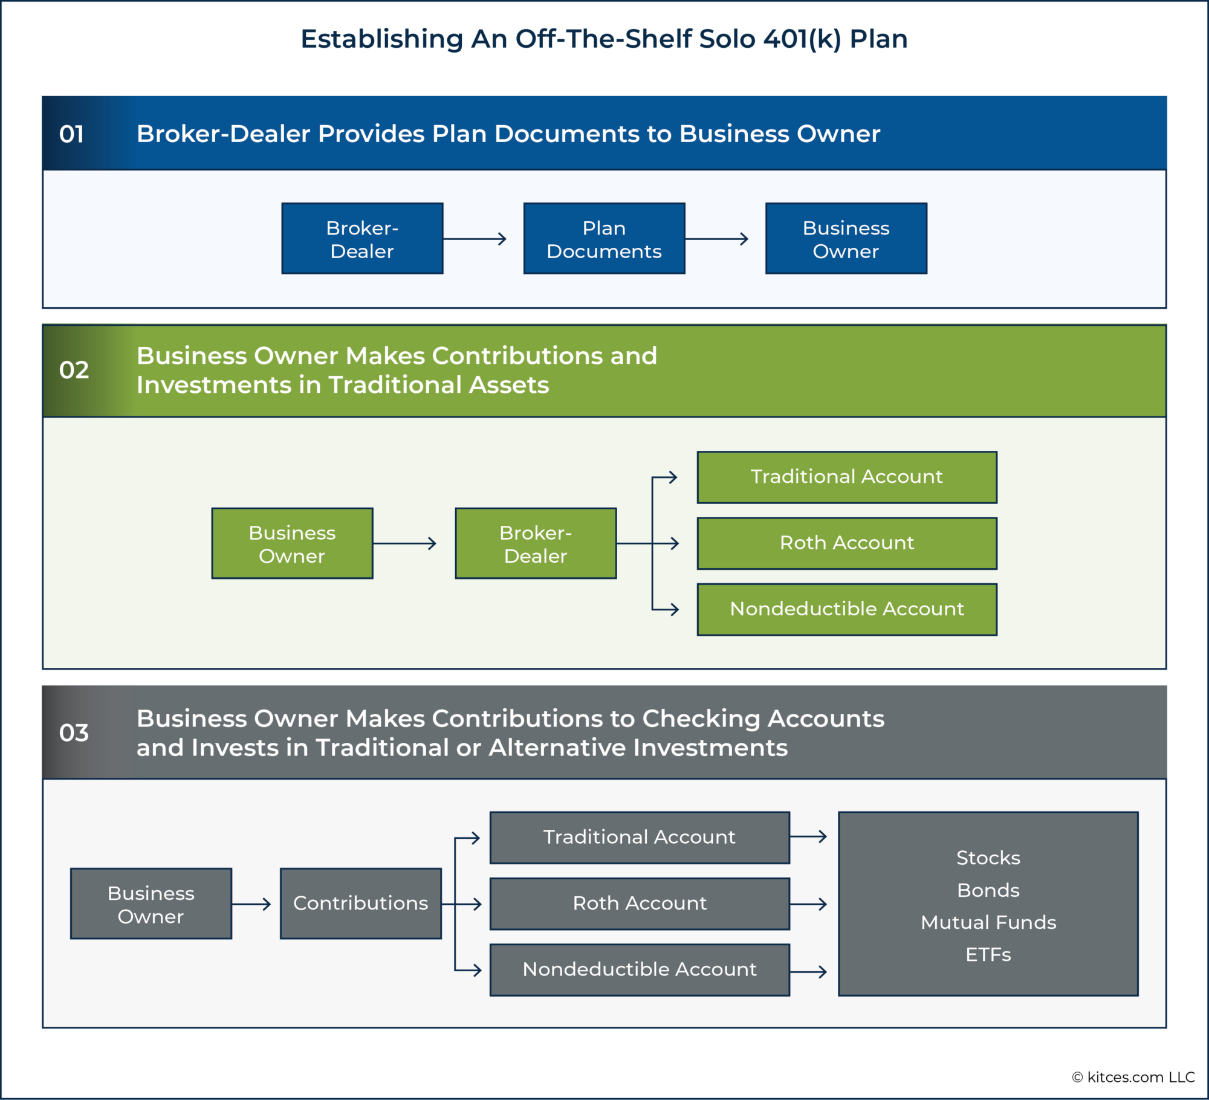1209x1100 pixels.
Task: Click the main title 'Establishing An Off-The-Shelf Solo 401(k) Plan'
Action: [x=604, y=39]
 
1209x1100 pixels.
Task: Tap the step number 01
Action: [x=71, y=134]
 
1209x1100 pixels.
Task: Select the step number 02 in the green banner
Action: [x=74, y=370]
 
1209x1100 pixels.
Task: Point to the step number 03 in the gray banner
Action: [x=74, y=733]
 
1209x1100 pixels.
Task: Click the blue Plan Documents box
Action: [x=604, y=239]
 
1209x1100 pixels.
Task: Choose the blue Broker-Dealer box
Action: [x=362, y=239]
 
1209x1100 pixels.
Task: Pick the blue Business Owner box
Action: [x=846, y=239]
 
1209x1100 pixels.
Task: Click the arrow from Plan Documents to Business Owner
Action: [x=716, y=239]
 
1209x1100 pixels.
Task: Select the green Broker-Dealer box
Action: [x=536, y=543]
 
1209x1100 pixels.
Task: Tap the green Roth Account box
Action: [x=846, y=543]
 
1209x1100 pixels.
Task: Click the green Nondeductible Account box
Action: [x=846, y=609]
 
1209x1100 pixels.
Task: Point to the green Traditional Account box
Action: [x=846, y=477]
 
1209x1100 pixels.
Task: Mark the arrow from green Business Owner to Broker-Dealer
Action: [x=404, y=543]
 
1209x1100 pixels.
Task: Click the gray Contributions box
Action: [x=360, y=903]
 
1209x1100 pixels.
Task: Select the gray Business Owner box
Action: [x=151, y=904]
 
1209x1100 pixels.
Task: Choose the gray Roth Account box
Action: [x=639, y=903]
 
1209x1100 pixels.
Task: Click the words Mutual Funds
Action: [x=988, y=922]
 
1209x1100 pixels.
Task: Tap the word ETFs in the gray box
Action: [x=988, y=954]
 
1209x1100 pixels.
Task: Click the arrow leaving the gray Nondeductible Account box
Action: [x=808, y=972]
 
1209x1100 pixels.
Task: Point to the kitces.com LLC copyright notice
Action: [x=1133, y=1077]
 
